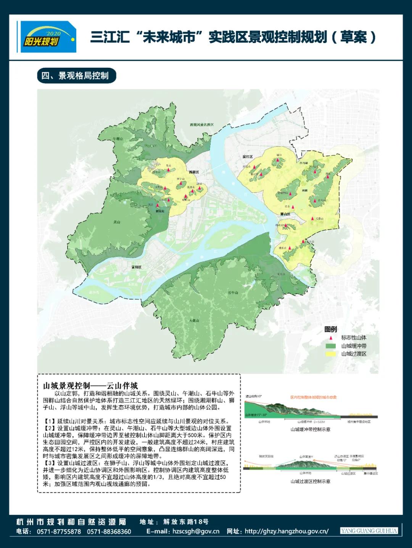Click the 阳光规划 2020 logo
click(x=48, y=37)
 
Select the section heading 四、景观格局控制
click(x=76, y=76)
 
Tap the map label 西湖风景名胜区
click(x=202, y=125)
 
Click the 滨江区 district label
click(x=248, y=157)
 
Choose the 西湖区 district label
click(x=194, y=172)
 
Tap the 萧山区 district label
click(x=285, y=214)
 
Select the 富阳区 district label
click(x=136, y=267)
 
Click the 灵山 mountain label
click(x=117, y=222)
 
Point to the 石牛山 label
click(x=233, y=292)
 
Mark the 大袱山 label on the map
click(x=194, y=321)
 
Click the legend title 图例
click(x=330, y=329)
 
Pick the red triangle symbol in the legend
click(x=331, y=338)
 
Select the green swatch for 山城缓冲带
click(x=330, y=346)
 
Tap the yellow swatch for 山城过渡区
click(x=330, y=354)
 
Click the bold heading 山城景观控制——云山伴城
click(x=90, y=385)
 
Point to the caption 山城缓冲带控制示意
click(x=310, y=429)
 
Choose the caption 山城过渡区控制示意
click(x=310, y=481)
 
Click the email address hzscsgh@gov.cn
click(x=196, y=531)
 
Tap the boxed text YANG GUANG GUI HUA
click(x=369, y=531)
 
